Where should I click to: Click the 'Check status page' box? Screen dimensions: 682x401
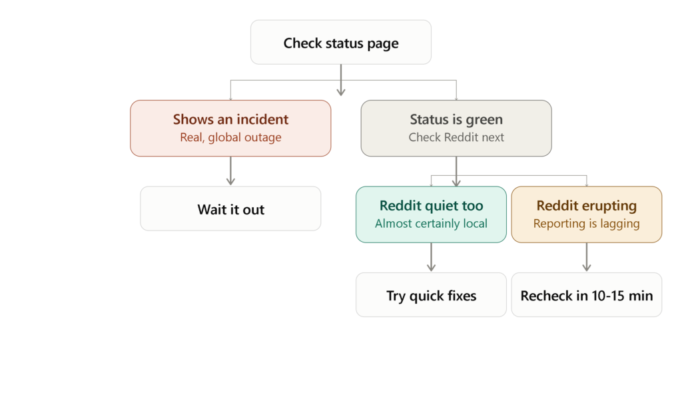pyautogui.click(x=340, y=42)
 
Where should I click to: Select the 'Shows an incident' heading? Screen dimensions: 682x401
pyautogui.click(x=230, y=119)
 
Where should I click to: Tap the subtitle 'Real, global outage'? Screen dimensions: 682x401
pyautogui.click(x=230, y=137)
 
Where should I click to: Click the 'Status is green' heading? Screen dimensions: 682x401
pyautogui.click(x=456, y=120)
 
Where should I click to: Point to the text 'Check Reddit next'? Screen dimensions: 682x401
pyautogui.click(x=456, y=137)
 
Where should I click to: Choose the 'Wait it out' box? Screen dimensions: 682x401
pyautogui.click(x=230, y=208)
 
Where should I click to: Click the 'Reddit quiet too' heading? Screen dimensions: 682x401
pyautogui.click(x=431, y=206)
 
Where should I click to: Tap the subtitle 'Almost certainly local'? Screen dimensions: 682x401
pyautogui.click(x=431, y=224)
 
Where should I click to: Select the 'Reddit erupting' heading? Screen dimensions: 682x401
pyautogui.click(x=586, y=206)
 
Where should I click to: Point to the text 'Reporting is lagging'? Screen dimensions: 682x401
pyautogui.click(x=586, y=224)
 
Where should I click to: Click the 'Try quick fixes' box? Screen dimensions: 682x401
pyautogui.click(x=431, y=295)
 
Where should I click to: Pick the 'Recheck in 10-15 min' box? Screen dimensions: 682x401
pyautogui.click(x=586, y=295)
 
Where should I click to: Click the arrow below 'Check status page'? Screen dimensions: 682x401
pyautogui.click(x=341, y=80)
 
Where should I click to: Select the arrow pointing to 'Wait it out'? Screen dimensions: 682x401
pyautogui.click(x=230, y=171)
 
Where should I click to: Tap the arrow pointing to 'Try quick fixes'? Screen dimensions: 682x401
pyautogui.click(x=431, y=256)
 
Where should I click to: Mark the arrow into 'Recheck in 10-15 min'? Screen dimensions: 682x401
pyautogui.click(x=586, y=256)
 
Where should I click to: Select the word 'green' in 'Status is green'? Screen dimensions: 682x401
pyautogui.click(x=484, y=120)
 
